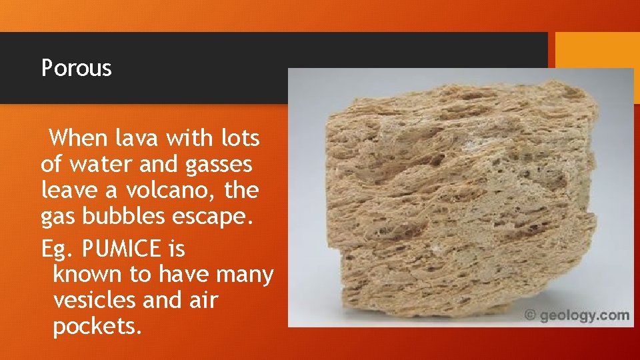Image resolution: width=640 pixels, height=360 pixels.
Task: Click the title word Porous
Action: (76, 68)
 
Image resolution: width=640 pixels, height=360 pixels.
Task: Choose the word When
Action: (78, 139)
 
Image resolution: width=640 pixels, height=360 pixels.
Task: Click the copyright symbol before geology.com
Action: (531, 315)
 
